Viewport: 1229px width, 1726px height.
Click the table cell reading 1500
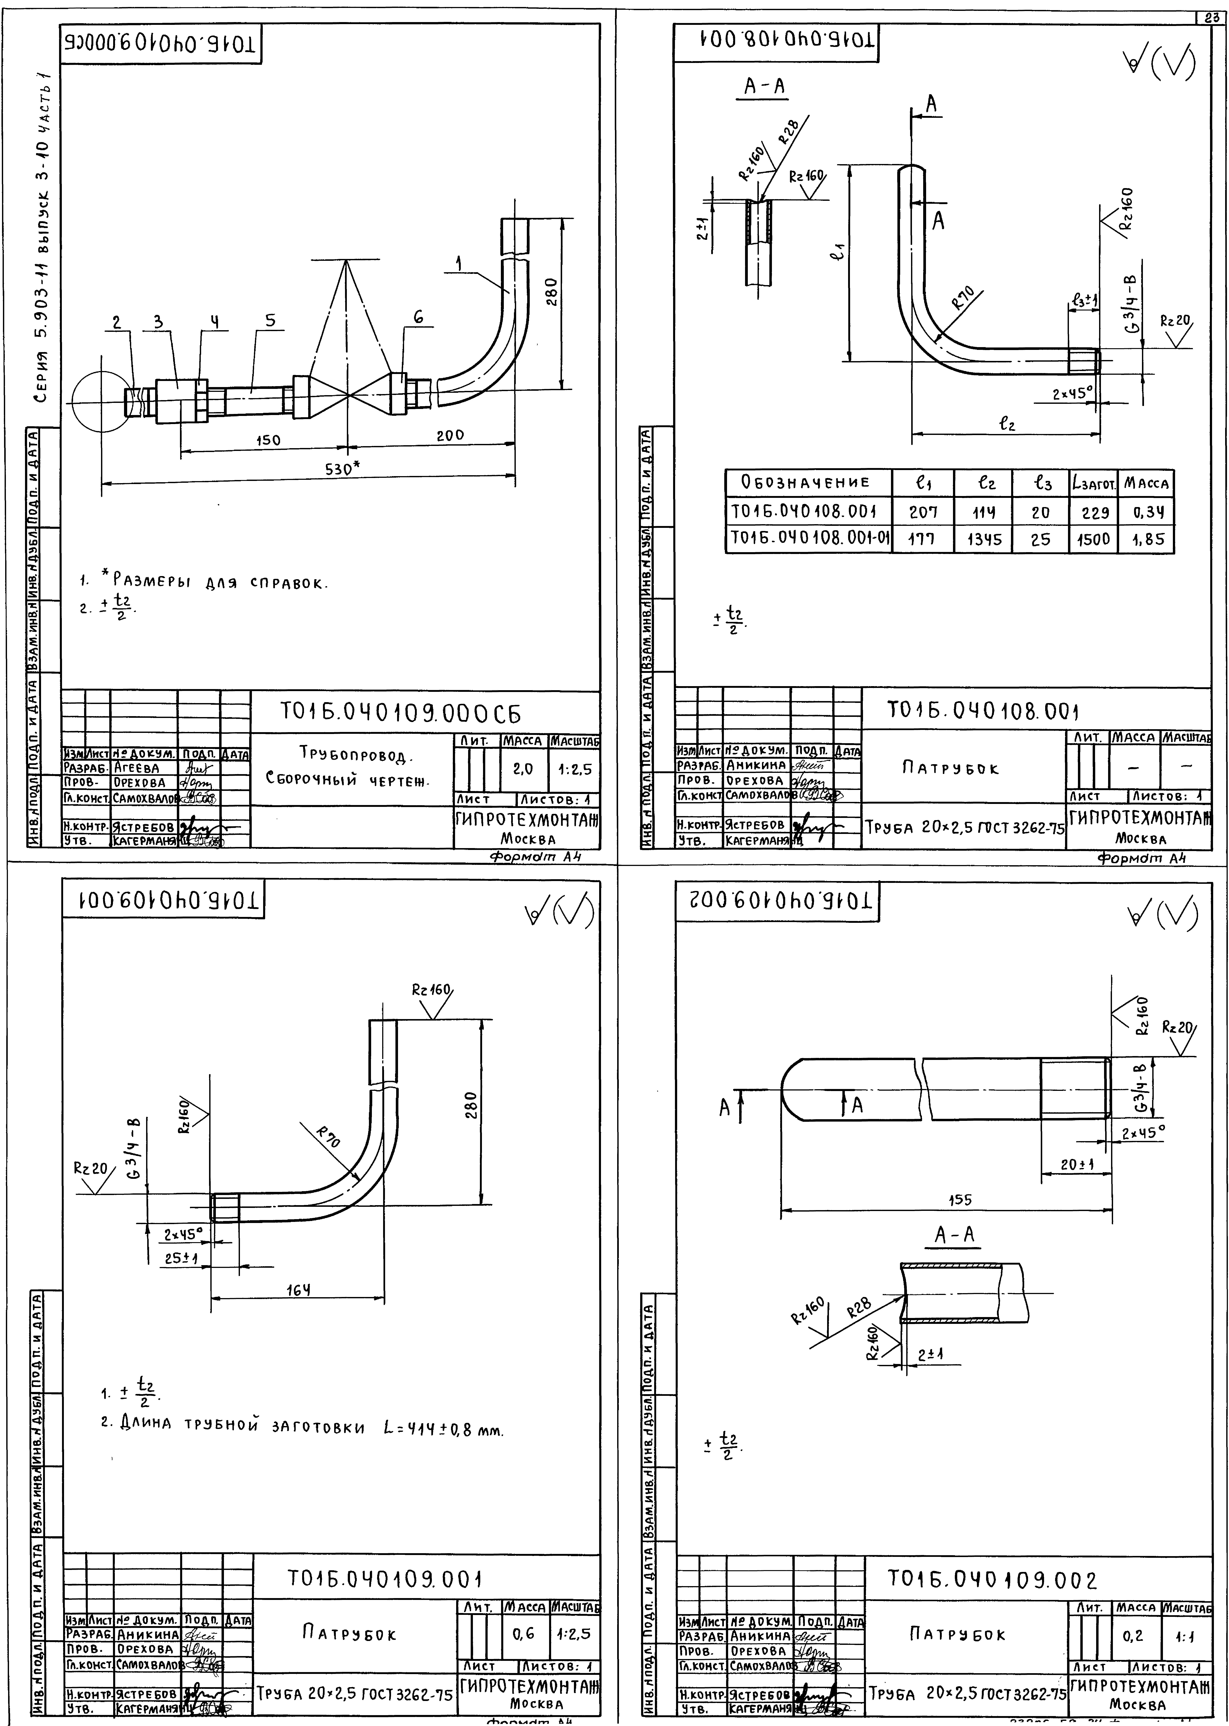pos(1093,539)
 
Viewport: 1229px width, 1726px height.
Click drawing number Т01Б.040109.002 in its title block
pos(991,1580)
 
